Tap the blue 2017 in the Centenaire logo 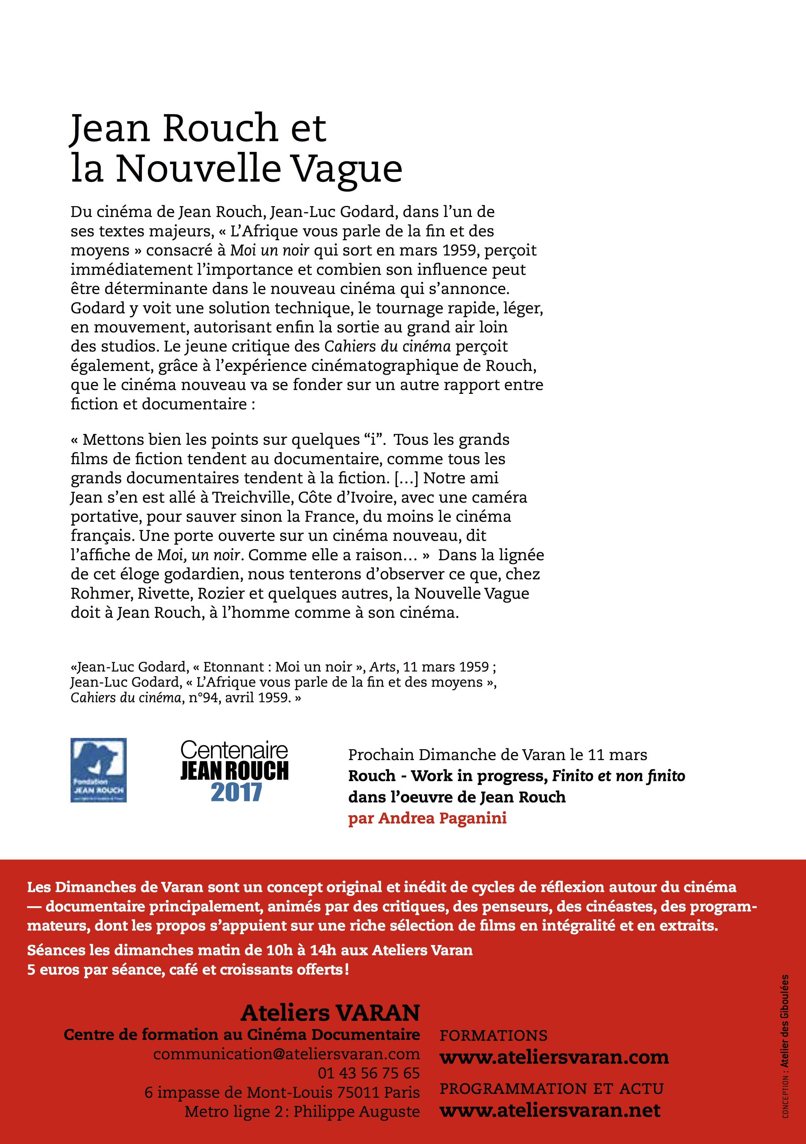(236, 793)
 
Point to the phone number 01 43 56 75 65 (369, 1073)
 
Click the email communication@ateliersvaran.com (286, 1054)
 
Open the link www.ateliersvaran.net (550, 1110)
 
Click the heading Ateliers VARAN (330, 1013)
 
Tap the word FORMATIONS (493, 1036)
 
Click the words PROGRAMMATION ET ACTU (551, 1089)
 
